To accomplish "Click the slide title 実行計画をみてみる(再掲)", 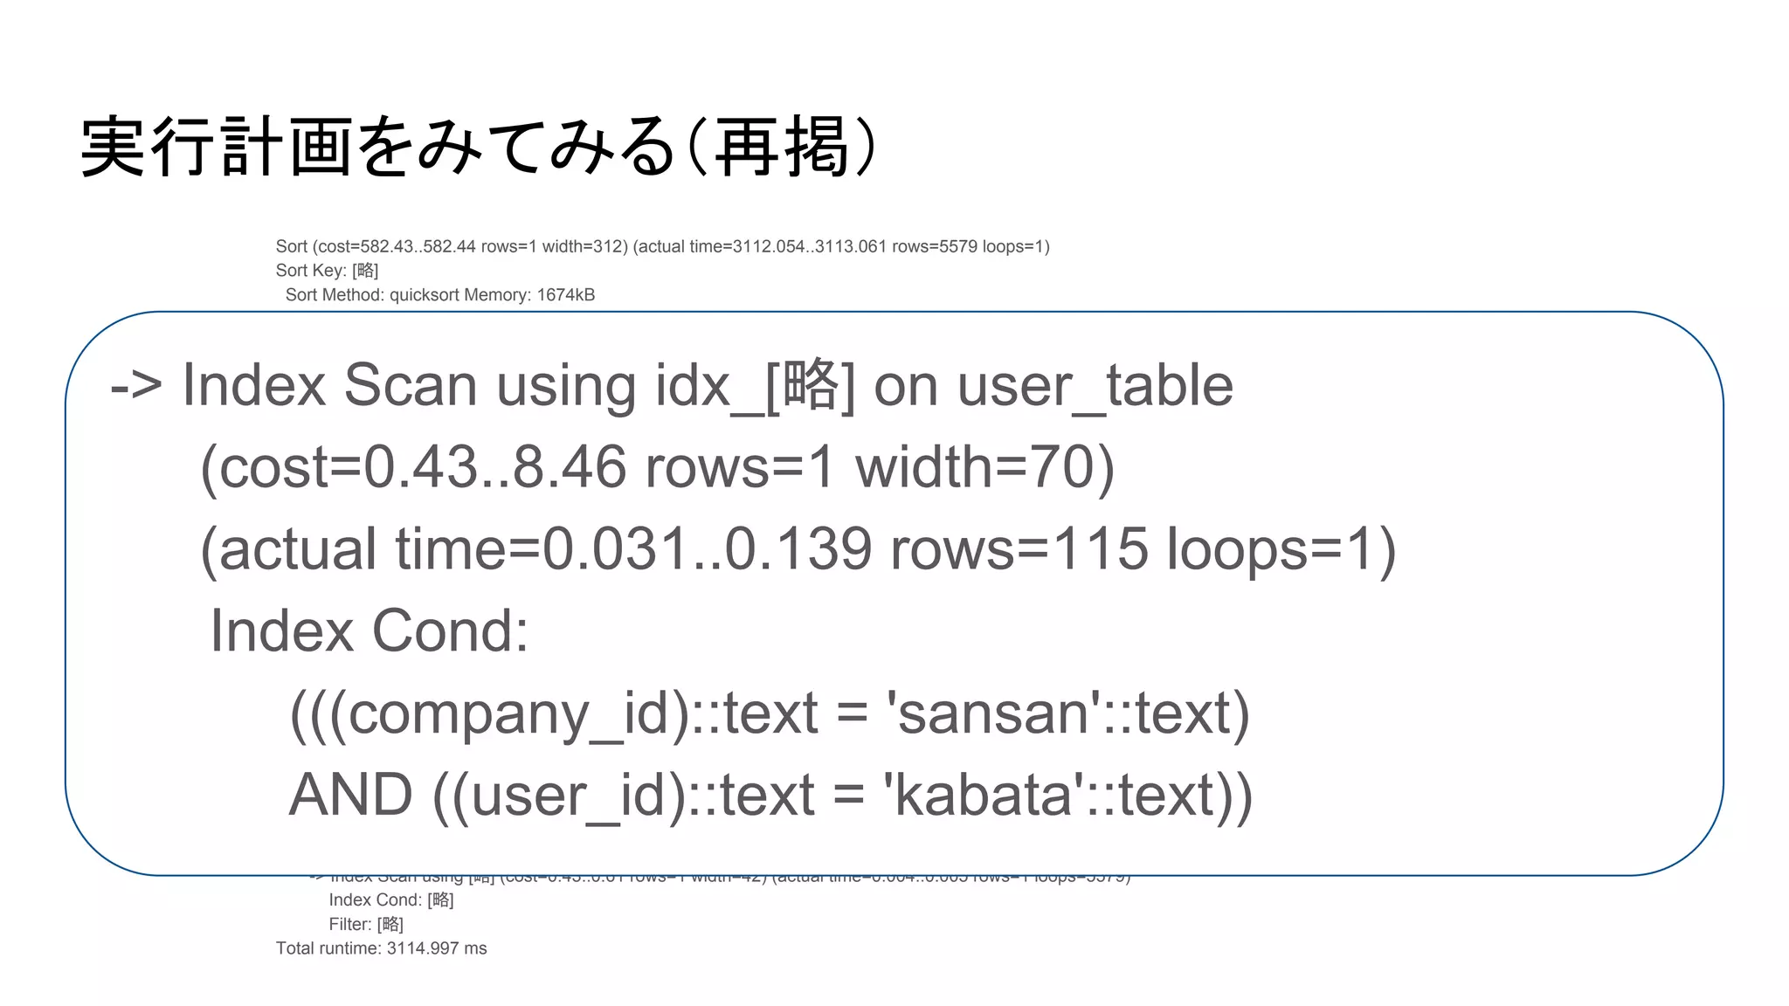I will tap(479, 147).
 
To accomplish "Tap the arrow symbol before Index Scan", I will tap(136, 385).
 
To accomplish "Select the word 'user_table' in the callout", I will tap(1095, 385).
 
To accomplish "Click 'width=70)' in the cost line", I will tap(984, 467).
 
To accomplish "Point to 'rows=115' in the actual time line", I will tap(1019, 549).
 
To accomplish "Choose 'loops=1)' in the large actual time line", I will tap(1281, 549).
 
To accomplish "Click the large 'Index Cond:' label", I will tap(370, 630).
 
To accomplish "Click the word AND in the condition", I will tap(350, 795).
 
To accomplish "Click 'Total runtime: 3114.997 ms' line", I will tap(381, 948).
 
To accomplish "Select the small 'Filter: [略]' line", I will tap(366, 924).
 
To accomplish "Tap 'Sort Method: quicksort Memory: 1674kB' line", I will tap(439, 295).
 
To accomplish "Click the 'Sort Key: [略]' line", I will tap(327, 271).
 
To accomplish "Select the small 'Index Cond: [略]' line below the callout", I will tap(390, 899).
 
